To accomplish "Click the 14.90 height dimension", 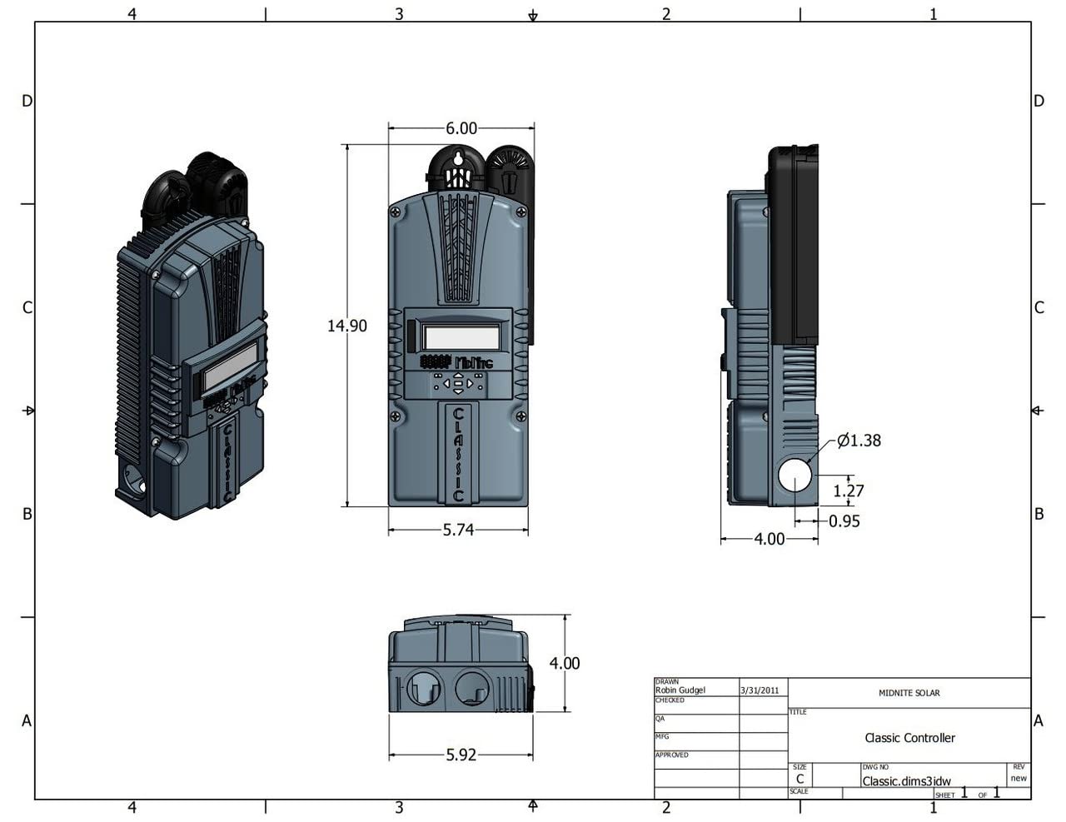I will pyautogui.click(x=346, y=326).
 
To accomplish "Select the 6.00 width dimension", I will pyautogui.click(x=461, y=128).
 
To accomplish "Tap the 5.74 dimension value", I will pyautogui.click(x=458, y=530).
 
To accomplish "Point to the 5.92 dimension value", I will pyautogui.click(x=461, y=755).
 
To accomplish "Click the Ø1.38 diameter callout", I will pyautogui.click(x=859, y=440).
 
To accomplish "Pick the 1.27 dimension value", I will pyautogui.click(x=849, y=491).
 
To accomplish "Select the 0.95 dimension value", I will pyautogui.click(x=844, y=521).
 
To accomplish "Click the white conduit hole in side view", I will pyautogui.click(x=795, y=475).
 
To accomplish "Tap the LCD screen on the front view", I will pyautogui.click(x=461, y=337).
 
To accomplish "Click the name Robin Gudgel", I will pyautogui.click(x=680, y=690).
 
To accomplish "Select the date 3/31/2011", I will pyautogui.click(x=760, y=690).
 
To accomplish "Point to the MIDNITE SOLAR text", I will pyautogui.click(x=909, y=693).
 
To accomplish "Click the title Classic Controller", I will pyautogui.click(x=909, y=738).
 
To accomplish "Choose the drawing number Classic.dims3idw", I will pyautogui.click(x=906, y=781).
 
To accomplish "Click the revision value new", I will pyautogui.click(x=1019, y=779).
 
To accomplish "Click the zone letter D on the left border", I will pyautogui.click(x=27, y=101).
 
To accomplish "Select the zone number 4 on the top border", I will pyautogui.click(x=132, y=13).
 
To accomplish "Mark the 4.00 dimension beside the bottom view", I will pyautogui.click(x=564, y=663).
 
